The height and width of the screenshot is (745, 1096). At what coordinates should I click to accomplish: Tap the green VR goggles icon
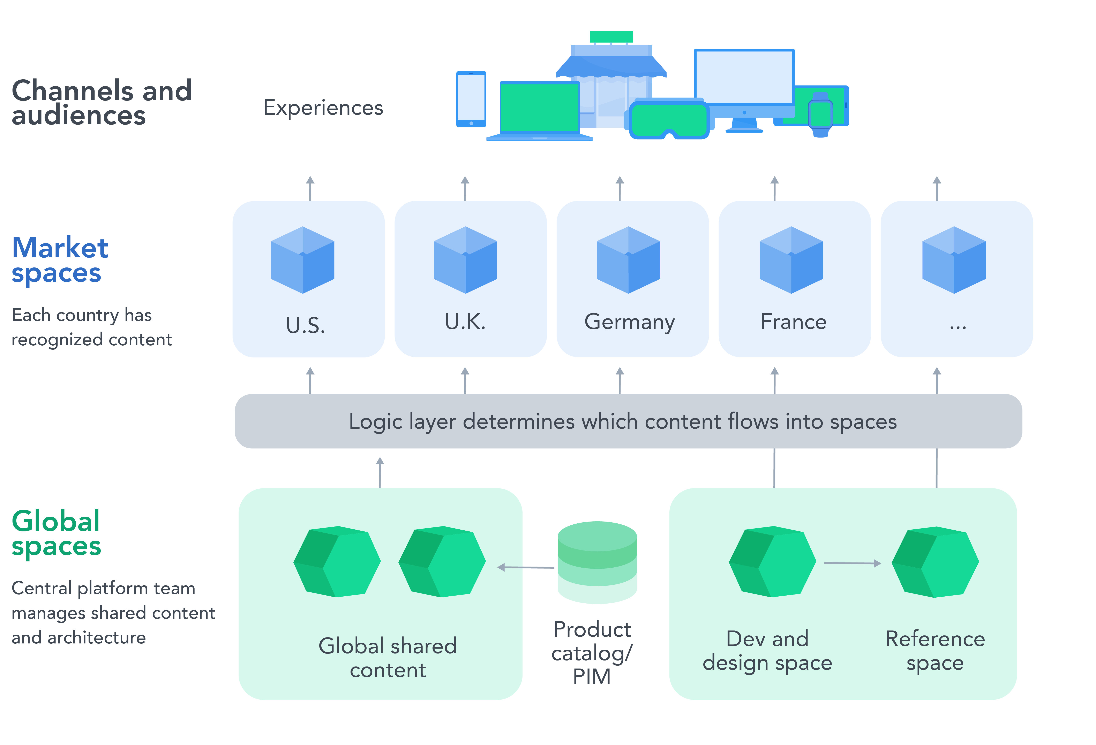click(669, 120)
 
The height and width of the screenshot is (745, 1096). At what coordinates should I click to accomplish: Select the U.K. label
click(465, 322)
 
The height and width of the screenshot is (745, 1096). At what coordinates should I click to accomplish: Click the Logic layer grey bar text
click(623, 421)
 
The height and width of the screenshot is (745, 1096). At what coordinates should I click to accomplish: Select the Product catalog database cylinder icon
click(597, 561)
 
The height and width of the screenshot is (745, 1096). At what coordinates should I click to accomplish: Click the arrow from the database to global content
click(526, 567)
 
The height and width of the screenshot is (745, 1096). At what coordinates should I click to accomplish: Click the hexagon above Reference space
click(935, 561)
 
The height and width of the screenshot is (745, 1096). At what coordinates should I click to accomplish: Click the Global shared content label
click(388, 658)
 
